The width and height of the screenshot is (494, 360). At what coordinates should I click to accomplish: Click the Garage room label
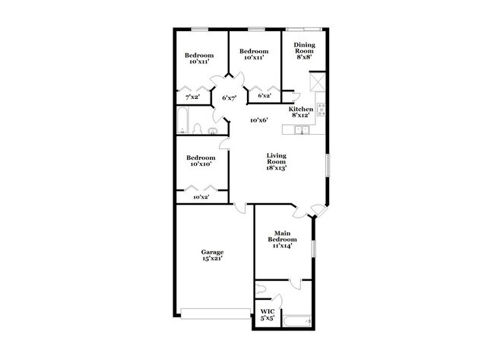coord(212,251)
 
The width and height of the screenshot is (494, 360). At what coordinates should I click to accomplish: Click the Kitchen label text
coord(301,110)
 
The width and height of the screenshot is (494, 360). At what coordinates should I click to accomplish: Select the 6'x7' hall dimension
coord(230,97)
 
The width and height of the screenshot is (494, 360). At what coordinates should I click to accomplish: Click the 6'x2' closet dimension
coord(264,96)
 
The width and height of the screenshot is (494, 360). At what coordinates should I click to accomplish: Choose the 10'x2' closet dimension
coord(201,197)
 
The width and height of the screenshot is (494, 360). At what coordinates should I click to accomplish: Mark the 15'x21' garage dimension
coord(212,259)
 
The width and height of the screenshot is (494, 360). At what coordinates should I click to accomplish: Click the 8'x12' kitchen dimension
coord(301,116)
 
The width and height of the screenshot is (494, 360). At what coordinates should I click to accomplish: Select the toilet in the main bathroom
coord(261,288)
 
